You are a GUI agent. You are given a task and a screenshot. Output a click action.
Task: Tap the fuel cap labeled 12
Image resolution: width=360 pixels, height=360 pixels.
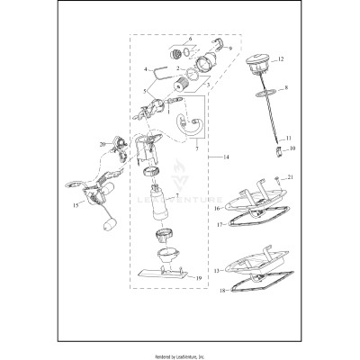pos(257,67)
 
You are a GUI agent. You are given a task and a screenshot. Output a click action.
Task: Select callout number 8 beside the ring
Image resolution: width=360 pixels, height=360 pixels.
pos(286,89)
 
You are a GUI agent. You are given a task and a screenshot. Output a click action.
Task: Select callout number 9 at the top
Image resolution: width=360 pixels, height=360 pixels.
pos(229,47)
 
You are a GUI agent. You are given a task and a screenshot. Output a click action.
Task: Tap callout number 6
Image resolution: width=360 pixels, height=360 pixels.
pos(190,40)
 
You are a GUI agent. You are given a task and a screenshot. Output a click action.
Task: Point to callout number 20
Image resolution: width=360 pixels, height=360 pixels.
pos(103,144)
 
